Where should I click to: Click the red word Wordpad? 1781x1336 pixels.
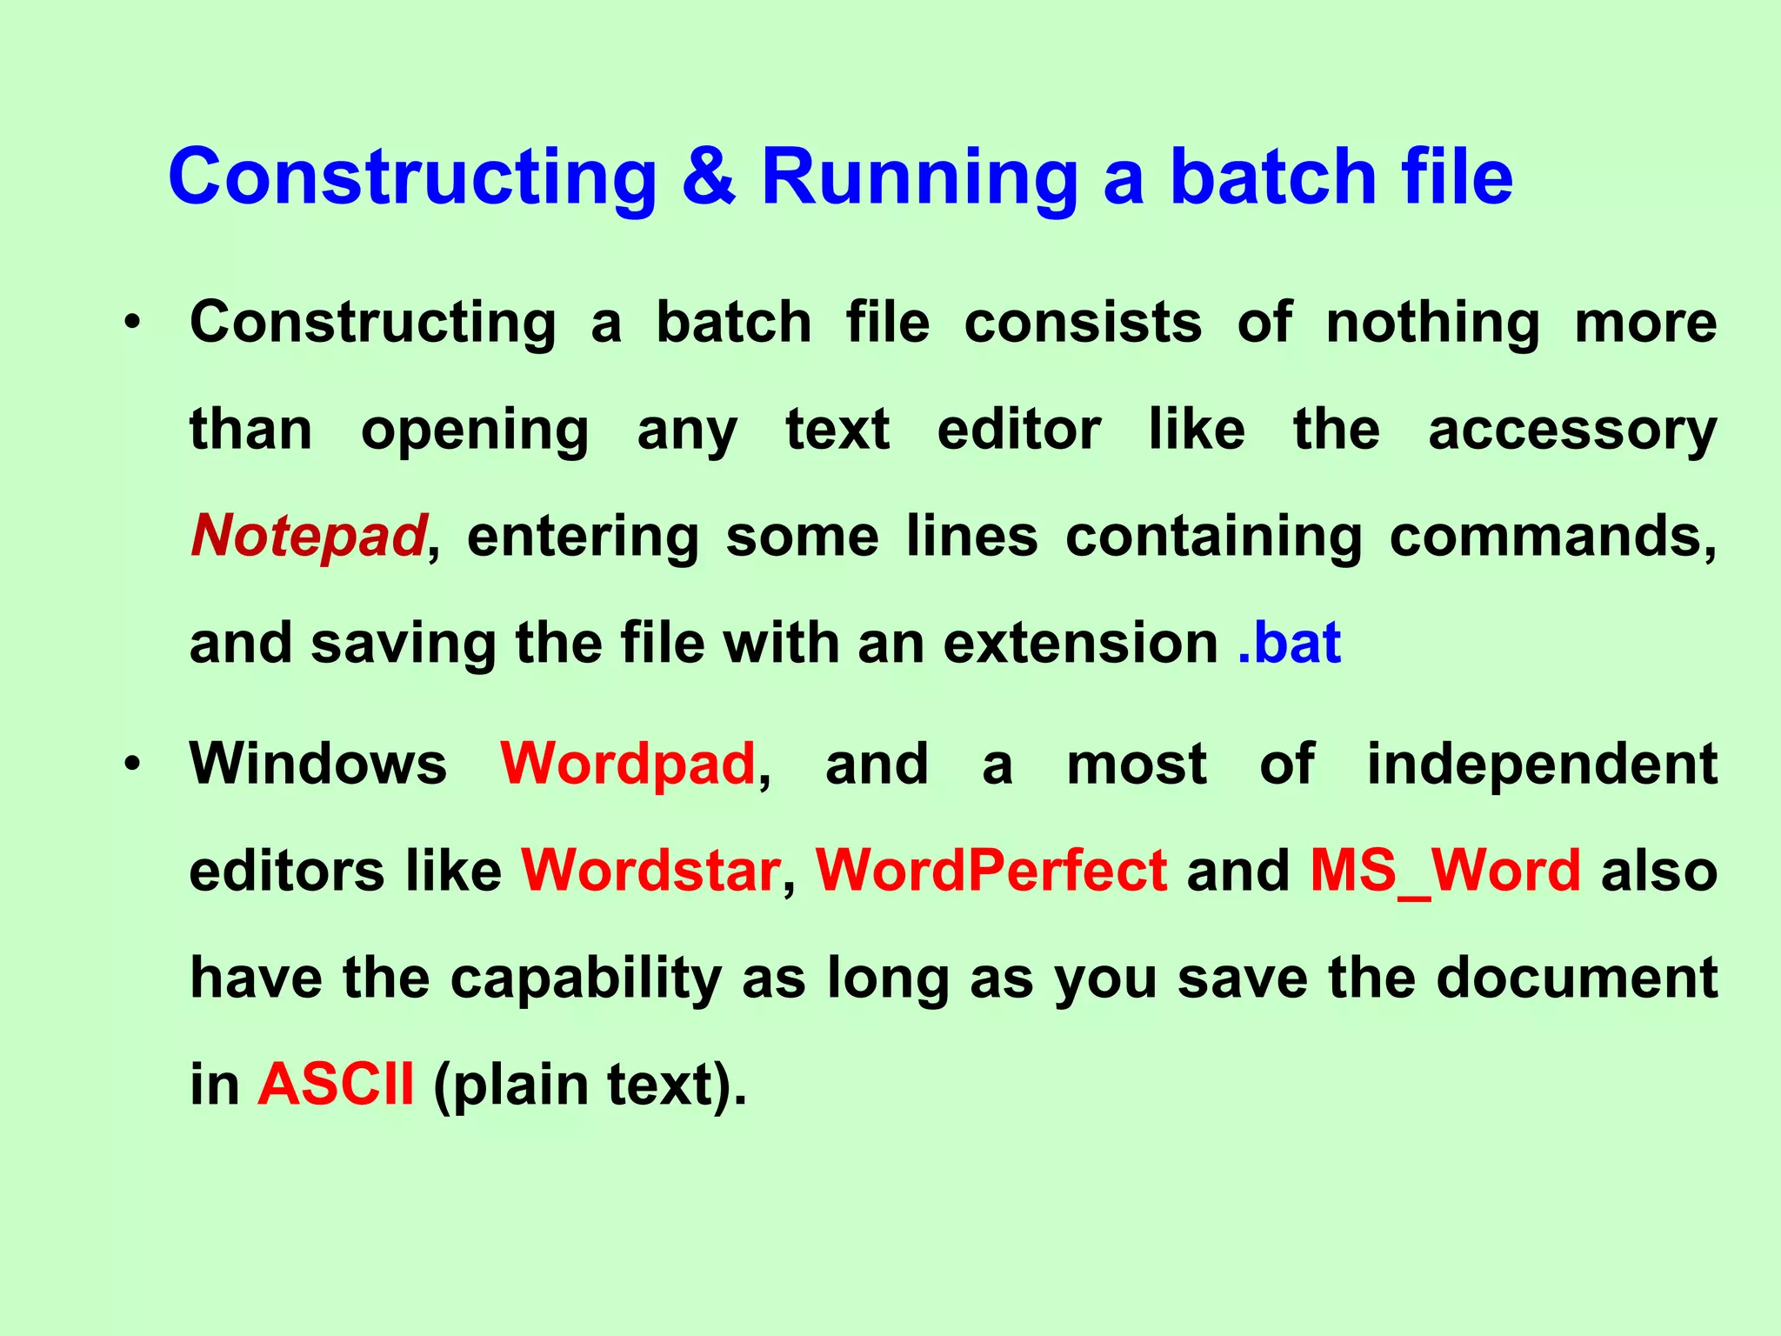tap(628, 764)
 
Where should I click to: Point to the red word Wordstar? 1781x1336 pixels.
tap(650, 871)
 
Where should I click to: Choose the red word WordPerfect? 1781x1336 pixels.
tap(991, 871)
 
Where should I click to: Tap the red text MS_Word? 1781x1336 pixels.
tap(1445, 871)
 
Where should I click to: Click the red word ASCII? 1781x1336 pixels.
tap(336, 1085)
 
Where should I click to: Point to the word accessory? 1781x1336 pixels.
tap(1572, 431)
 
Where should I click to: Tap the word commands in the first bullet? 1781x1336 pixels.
tap(1552, 537)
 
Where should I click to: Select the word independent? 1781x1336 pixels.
tap(1542, 764)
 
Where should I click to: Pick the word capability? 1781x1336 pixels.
tap(586, 979)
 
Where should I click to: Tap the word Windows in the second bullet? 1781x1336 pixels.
tap(318, 764)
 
